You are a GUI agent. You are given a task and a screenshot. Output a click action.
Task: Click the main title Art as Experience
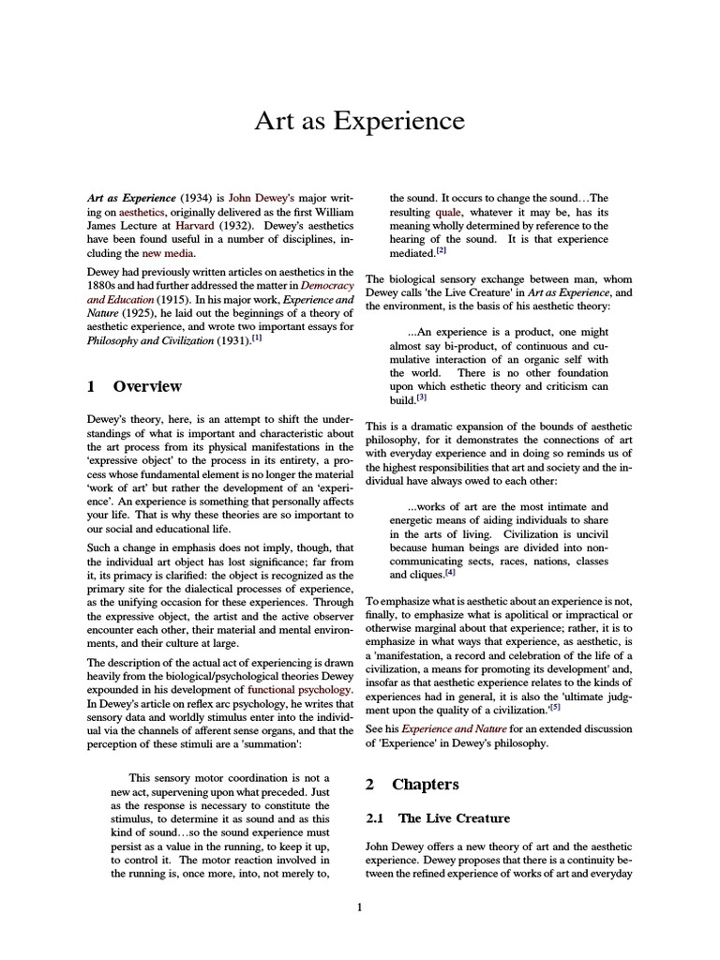pyautogui.click(x=360, y=121)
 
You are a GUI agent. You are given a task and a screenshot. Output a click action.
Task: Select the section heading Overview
pyautogui.click(x=147, y=386)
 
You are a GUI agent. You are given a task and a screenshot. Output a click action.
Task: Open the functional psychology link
pyautogui.click(x=300, y=689)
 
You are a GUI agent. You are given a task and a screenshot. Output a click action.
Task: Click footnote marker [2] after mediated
pyautogui.click(x=442, y=250)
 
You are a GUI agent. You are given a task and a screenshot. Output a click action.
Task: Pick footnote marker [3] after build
pyautogui.click(x=422, y=397)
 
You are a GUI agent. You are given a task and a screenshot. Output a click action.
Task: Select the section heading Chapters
pyautogui.click(x=426, y=784)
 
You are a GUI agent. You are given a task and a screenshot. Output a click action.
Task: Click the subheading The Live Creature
pyautogui.click(x=454, y=818)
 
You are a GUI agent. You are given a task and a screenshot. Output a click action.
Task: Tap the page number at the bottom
pyautogui.click(x=360, y=907)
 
